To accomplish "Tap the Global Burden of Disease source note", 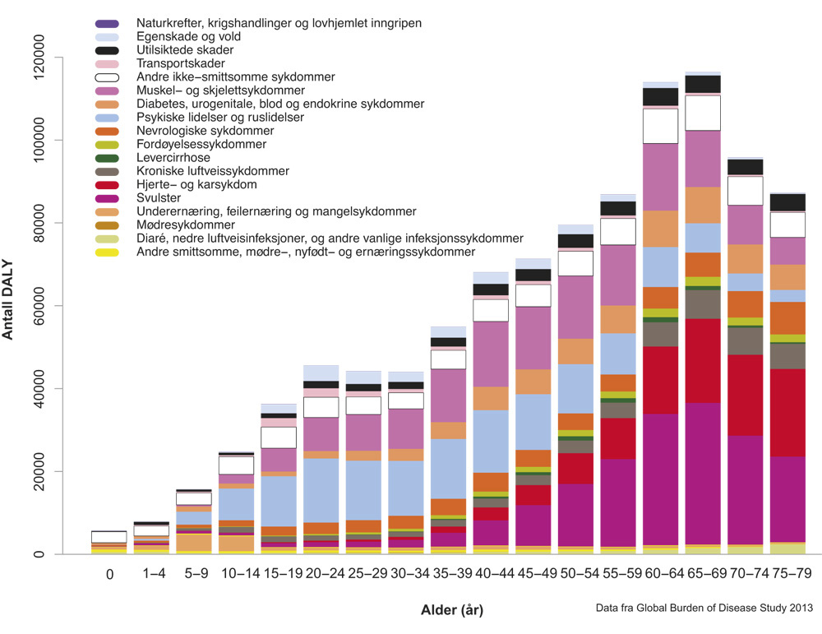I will click(x=704, y=609).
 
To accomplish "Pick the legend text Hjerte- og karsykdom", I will click(x=196, y=184).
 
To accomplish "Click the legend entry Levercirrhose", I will click(x=174, y=158).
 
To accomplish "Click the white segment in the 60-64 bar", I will click(x=660, y=126).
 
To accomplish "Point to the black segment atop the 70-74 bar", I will click(x=746, y=167).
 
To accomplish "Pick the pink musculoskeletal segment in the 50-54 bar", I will click(x=575, y=307).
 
